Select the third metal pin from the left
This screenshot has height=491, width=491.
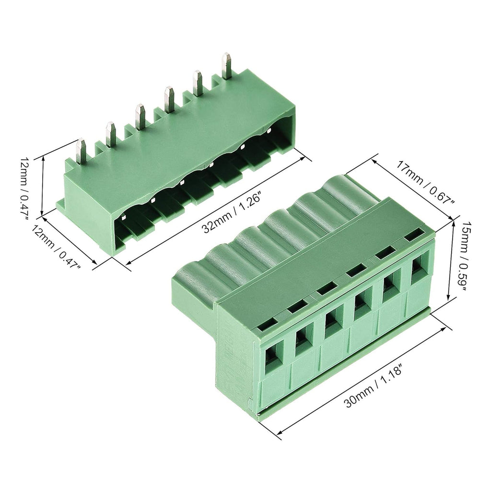click(140, 116)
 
